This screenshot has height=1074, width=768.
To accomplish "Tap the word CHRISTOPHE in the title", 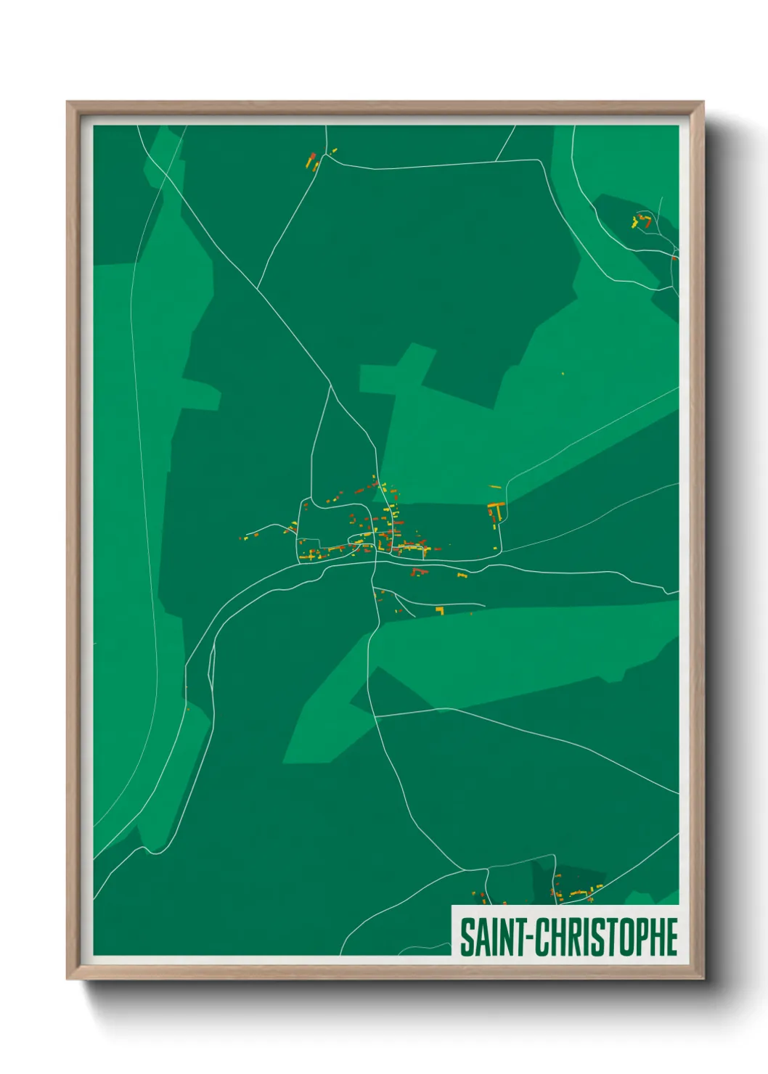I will point(607,937).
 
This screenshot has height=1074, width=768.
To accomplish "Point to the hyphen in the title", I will point(531,938).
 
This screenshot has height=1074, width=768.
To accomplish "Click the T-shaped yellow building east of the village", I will point(497,508).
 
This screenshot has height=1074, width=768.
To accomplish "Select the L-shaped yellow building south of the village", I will point(439,610).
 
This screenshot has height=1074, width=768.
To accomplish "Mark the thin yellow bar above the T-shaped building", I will point(495,487).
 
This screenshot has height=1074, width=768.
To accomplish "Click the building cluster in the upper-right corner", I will point(642,221).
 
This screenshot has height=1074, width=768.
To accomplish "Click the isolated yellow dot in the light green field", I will point(563,374).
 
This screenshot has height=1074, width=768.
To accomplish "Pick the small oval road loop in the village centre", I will point(359,539).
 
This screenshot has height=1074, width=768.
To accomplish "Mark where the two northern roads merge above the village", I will point(331,385).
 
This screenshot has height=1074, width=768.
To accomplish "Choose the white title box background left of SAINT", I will point(456,936).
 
